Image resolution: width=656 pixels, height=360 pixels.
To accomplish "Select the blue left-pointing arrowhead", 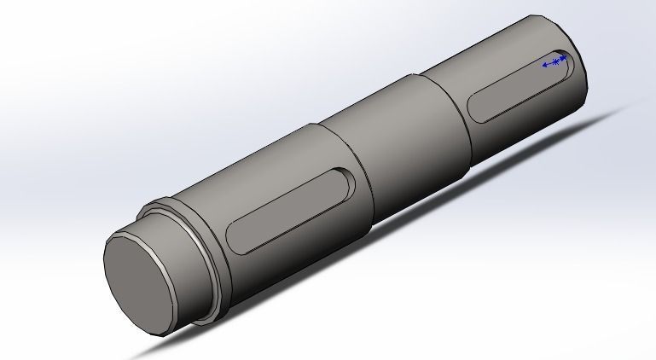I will click(545, 64).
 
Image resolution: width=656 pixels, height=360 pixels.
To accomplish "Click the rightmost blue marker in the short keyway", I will click(564, 59).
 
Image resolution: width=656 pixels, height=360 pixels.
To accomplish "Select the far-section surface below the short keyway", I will click(529, 119).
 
